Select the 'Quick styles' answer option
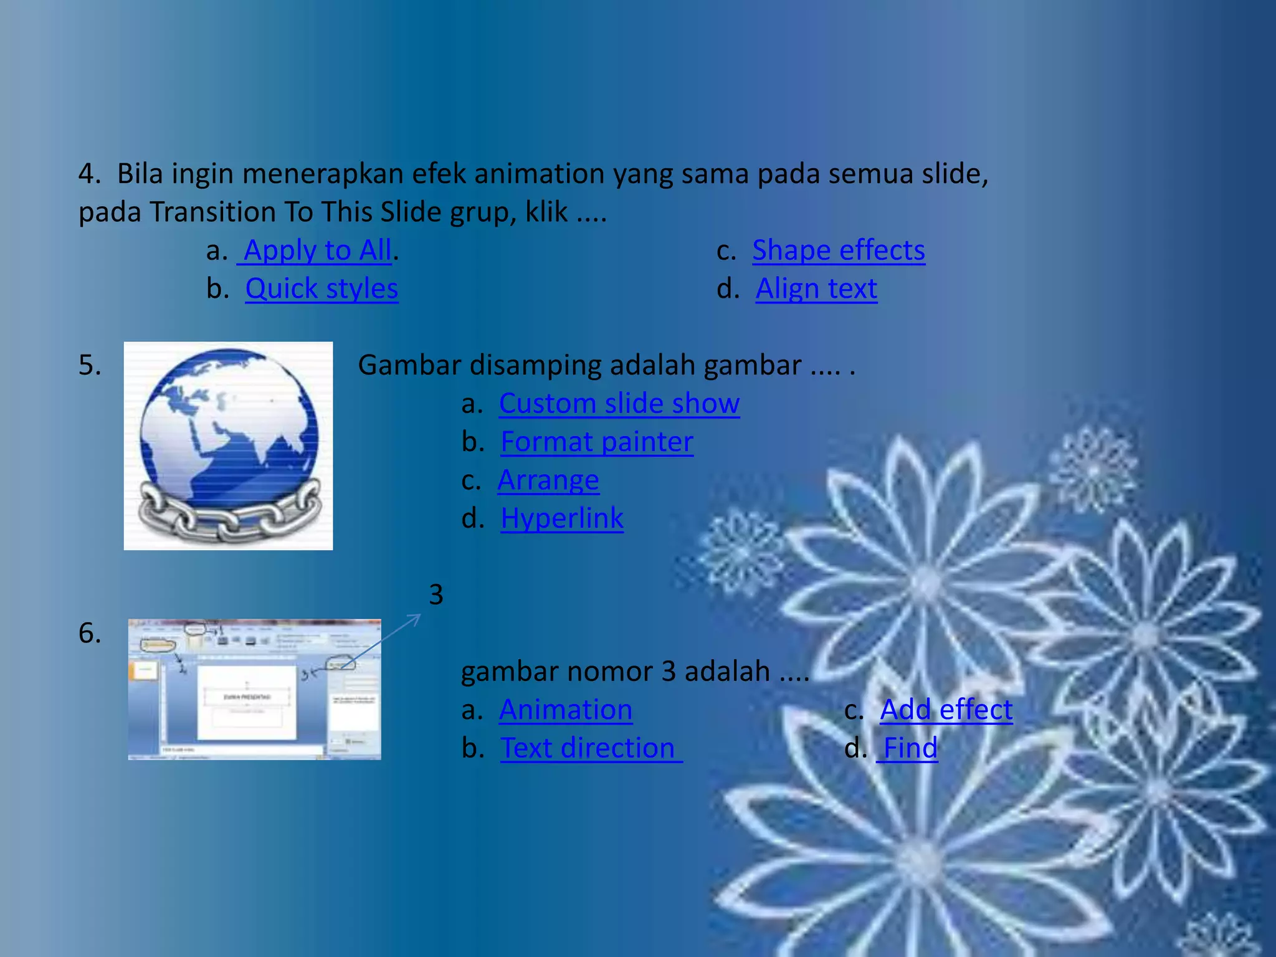(321, 289)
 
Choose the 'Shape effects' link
(838, 250)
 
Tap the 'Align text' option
(816, 289)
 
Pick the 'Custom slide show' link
(619, 404)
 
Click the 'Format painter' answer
(597, 442)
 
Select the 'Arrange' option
(548, 480)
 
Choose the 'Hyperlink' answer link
(562, 518)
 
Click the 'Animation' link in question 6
(566, 710)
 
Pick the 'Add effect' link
(946, 710)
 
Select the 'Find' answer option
(910, 748)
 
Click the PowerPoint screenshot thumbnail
(254, 689)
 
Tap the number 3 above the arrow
(436, 595)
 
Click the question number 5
(90, 365)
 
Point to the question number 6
(90, 634)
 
